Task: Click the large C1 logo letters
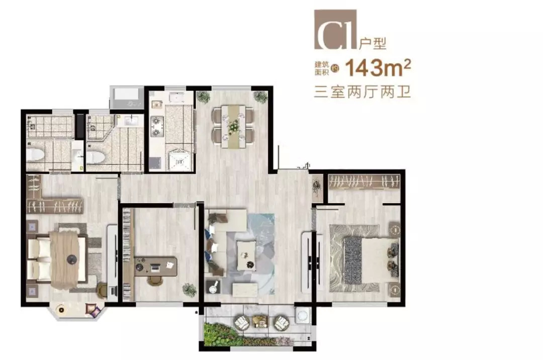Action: pyautogui.click(x=335, y=30)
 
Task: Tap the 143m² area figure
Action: pyautogui.click(x=378, y=68)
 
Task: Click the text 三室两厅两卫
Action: pyautogui.click(x=362, y=92)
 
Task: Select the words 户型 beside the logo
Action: pyautogui.click(x=372, y=44)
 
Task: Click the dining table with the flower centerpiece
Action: pyautogui.click(x=233, y=127)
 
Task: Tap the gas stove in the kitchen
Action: pyautogui.click(x=157, y=126)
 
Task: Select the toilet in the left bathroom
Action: pyautogui.click(x=35, y=155)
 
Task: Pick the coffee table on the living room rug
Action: pyautogui.click(x=246, y=255)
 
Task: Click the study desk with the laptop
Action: pyautogui.click(x=155, y=266)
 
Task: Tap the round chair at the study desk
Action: pyautogui.click(x=154, y=281)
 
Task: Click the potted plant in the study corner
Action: pyautogui.click(x=190, y=290)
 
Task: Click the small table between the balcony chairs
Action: pyautogui.click(x=260, y=322)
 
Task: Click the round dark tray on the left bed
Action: pyautogui.click(x=72, y=258)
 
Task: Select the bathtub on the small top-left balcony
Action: pyautogui.click(x=127, y=98)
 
